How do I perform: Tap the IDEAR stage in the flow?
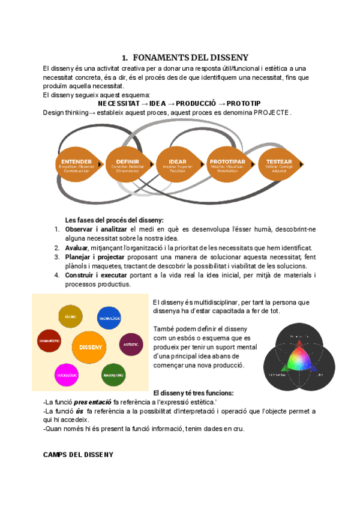(x=178, y=165)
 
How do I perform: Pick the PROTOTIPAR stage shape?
(x=228, y=165)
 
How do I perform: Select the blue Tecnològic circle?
(x=110, y=318)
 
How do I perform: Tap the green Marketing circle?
(x=113, y=375)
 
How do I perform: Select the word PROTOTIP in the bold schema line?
(x=244, y=103)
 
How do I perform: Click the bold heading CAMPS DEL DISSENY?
(x=78, y=454)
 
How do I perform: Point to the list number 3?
(x=56, y=257)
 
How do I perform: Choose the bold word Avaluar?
(x=76, y=248)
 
